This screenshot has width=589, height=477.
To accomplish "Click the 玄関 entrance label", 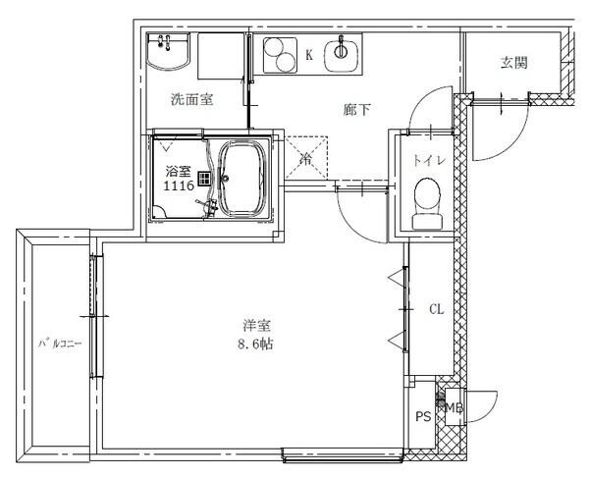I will [514, 63].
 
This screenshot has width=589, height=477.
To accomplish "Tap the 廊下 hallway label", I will [356, 109].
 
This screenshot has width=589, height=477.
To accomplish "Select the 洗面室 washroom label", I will [192, 99].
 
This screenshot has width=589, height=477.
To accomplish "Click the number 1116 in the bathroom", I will [178, 185].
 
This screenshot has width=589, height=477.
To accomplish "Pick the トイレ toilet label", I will [426, 160].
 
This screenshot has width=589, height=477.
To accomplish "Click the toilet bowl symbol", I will [427, 200].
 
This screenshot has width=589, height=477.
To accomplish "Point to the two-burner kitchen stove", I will [281, 53].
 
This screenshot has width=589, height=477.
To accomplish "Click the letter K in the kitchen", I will [309, 56].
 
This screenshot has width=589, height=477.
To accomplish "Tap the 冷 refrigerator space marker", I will [306, 157].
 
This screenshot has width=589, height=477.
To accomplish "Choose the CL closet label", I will [435, 309].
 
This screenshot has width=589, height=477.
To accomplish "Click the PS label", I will [422, 416].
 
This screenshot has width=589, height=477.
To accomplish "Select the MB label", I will [455, 406].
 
